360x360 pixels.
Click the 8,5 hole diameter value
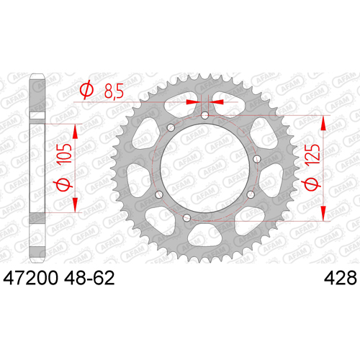pos(114,91)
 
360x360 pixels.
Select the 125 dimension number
pos(313,153)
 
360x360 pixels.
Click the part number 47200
pos(30,278)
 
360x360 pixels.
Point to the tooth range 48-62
pos(89,278)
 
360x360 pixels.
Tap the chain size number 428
pos(341,278)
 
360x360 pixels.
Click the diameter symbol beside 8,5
pos(86,89)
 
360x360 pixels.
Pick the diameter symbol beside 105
pos(64,184)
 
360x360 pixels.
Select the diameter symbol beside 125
pos(312,184)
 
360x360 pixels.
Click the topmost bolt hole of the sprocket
pos(204,115)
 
